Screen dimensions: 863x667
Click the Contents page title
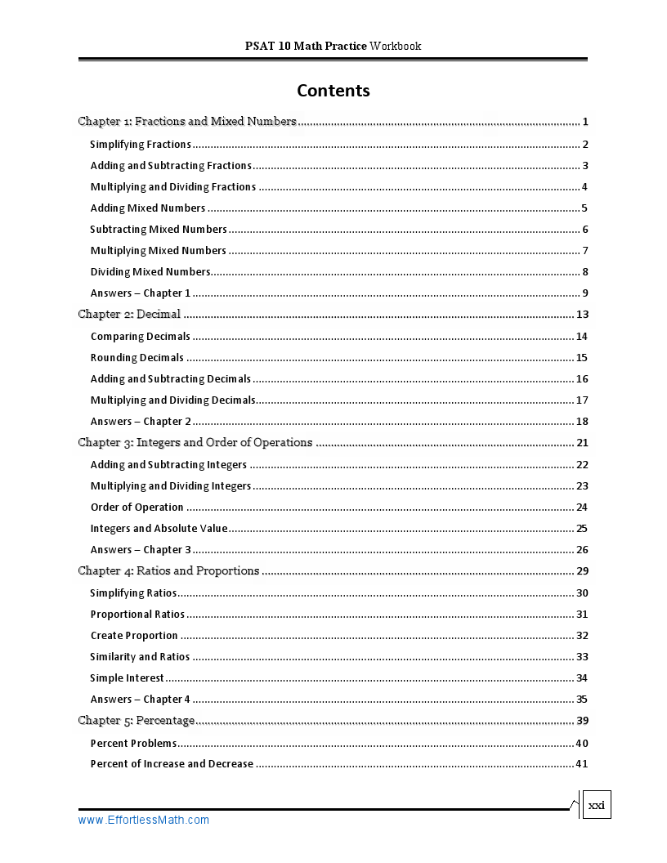point(333,91)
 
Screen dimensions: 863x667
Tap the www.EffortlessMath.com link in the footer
point(144,820)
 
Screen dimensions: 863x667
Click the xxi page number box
point(597,805)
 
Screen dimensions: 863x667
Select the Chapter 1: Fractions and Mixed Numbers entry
point(187,122)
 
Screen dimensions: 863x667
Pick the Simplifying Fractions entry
point(141,145)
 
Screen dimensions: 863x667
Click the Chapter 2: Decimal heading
point(129,315)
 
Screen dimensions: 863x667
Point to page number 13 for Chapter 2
point(582,315)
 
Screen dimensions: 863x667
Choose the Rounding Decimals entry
point(137,357)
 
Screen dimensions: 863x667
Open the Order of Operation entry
point(137,507)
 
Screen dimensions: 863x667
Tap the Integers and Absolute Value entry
point(159,528)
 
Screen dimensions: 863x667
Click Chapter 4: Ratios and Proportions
point(168,571)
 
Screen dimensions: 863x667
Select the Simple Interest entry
point(128,677)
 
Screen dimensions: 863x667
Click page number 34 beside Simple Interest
point(582,677)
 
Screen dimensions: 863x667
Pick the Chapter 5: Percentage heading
point(137,720)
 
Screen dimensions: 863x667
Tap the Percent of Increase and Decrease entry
point(172,763)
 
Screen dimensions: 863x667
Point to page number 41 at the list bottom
point(582,763)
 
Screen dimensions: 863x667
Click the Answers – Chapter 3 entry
point(141,549)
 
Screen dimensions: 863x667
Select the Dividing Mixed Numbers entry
point(150,271)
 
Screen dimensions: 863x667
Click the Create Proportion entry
point(134,635)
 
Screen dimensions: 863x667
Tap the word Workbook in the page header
point(395,46)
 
